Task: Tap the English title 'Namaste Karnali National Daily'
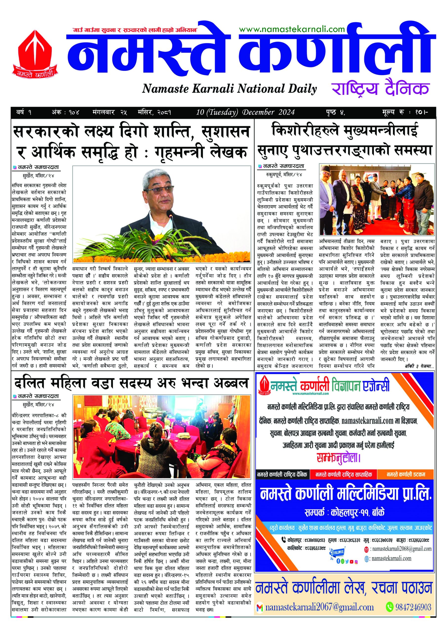pos(229,89)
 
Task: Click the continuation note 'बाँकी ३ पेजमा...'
pos(419,366)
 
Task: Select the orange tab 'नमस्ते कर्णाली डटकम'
pos(406,475)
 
